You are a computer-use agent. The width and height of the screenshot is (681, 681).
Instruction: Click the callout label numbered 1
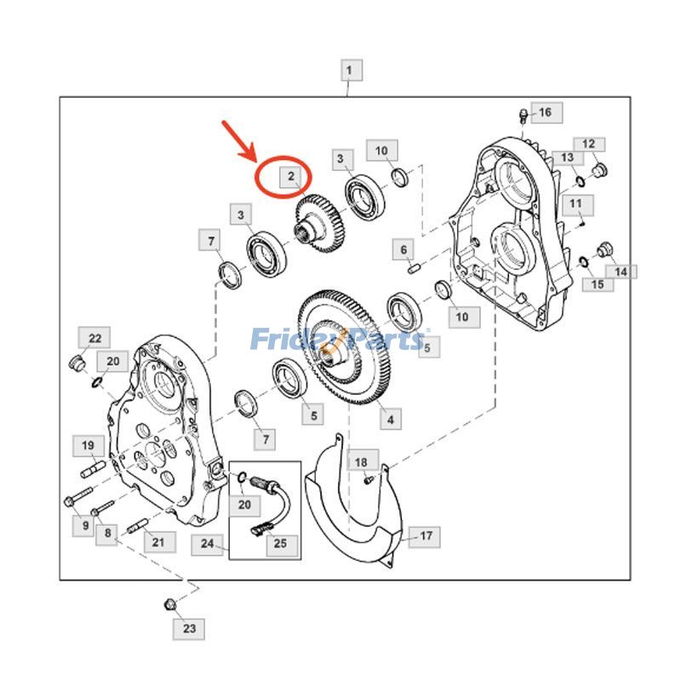(x=352, y=70)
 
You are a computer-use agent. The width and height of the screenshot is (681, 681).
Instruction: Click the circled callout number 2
(x=290, y=177)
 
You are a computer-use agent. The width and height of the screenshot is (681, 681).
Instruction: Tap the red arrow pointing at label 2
(x=241, y=140)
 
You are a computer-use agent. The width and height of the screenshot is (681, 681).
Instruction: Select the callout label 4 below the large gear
(x=390, y=419)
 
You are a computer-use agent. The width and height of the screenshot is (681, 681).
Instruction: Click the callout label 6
(x=405, y=249)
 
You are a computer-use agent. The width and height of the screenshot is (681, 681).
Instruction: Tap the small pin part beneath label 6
(x=415, y=270)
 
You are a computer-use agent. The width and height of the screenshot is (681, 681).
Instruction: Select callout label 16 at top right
(x=544, y=112)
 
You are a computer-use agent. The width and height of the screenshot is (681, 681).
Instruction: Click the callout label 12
(x=589, y=145)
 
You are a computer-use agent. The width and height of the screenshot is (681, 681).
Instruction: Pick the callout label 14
(x=621, y=272)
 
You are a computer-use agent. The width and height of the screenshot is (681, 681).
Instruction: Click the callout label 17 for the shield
(x=426, y=535)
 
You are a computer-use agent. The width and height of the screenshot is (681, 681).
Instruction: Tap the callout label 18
(x=361, y=462)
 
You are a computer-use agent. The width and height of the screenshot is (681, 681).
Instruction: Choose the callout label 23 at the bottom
(x=189, y=629)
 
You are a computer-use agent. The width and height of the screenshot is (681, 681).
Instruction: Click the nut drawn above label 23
(x=170, y=605)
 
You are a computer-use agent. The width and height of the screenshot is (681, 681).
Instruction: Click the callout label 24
(x=208, y=542)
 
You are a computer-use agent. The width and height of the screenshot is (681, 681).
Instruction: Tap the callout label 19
(x=88, y=445)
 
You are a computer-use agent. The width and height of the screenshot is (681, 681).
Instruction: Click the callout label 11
(x=575, y=203)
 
